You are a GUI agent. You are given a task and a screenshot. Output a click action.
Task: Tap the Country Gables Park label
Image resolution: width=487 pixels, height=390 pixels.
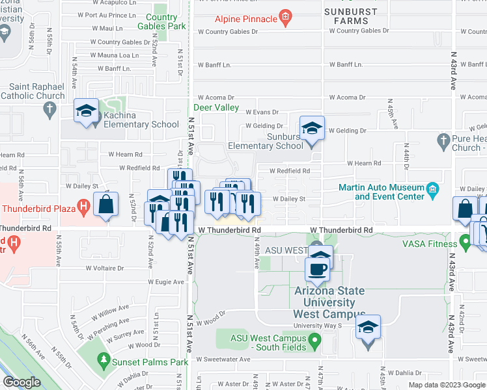(x=161, y=21)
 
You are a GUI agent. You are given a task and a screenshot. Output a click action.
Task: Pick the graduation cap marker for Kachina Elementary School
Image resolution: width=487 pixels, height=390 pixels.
(x=86, y=110)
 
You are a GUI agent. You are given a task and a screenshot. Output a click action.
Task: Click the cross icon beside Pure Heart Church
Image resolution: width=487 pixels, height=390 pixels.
(x=444, y=140)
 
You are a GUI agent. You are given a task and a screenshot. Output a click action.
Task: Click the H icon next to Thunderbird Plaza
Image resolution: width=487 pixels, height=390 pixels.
(x=83, y=208)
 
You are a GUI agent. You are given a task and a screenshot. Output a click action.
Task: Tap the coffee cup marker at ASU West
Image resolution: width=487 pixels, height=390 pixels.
(x=318, y=268)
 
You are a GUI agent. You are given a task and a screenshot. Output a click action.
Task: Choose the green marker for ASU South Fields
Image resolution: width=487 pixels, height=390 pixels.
(x=314, y=339)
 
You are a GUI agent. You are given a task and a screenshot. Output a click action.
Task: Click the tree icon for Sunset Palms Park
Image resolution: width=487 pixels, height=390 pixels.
(x=103, y=359)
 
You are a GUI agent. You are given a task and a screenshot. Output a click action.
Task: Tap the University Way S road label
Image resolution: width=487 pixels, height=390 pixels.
(x=336, y=325)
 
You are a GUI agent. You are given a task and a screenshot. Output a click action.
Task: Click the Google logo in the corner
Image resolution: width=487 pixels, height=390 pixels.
(x=21, y=382)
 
